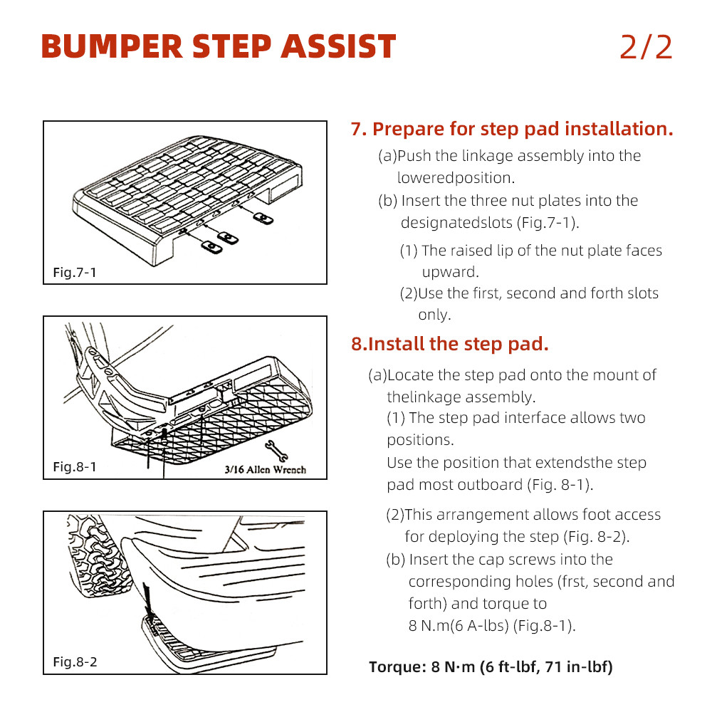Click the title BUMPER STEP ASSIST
point(218,47)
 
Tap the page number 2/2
point(646,47)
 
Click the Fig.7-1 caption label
point(75,273)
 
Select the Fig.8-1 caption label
point(75,468)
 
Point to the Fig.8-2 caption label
point(75,662)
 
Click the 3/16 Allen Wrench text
point(265,469)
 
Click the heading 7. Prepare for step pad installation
point(512,129)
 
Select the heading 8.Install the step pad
point(449,344)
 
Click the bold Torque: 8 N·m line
point(491,667)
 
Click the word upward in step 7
point(450,272)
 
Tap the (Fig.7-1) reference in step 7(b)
point(547,222)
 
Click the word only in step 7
point(434,315)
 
